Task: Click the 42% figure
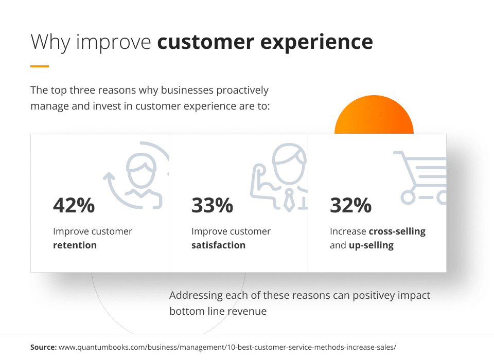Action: coord(74,205)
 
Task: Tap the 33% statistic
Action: coord(213,205)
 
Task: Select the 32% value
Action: coord(350,205)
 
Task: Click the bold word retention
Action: coord(75,245)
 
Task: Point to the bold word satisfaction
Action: coord(218,245)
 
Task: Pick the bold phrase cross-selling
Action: coord(397,231)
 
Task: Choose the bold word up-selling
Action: coord(371,246)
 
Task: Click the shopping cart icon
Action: coord(420,178)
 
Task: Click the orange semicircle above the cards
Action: coord(374,114)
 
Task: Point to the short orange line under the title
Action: coord(40,66)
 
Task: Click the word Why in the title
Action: coord(50,42)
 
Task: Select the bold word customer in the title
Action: coord(206,42)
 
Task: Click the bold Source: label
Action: coord(43,347)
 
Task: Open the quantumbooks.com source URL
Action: coord(227,348)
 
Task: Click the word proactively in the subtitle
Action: coord(242,91)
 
